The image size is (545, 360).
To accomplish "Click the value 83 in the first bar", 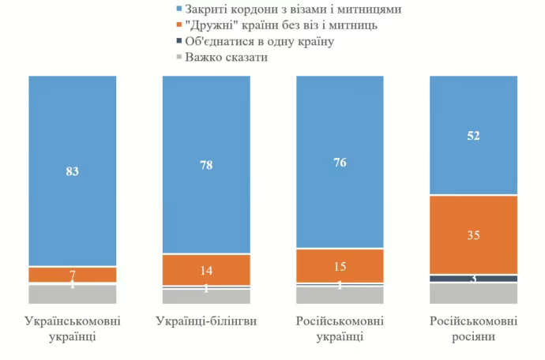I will tap(73, 171).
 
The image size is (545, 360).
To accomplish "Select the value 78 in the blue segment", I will tap(206, 165).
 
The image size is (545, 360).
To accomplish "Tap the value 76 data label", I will tap(340, 163).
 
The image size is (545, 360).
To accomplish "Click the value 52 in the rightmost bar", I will tap(473, 136).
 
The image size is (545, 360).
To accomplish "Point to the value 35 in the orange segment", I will tap(473, 234).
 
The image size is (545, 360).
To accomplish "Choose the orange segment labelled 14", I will tap(206, 269).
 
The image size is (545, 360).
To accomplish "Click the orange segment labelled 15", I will tap(340, 265).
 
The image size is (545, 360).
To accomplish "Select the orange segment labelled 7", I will tap(73, 275).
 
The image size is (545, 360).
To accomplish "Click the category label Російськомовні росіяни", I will tap(473, 329).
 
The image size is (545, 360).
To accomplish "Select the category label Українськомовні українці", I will tap(73, 329).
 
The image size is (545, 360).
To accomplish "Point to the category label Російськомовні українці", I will tap(340, 329).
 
